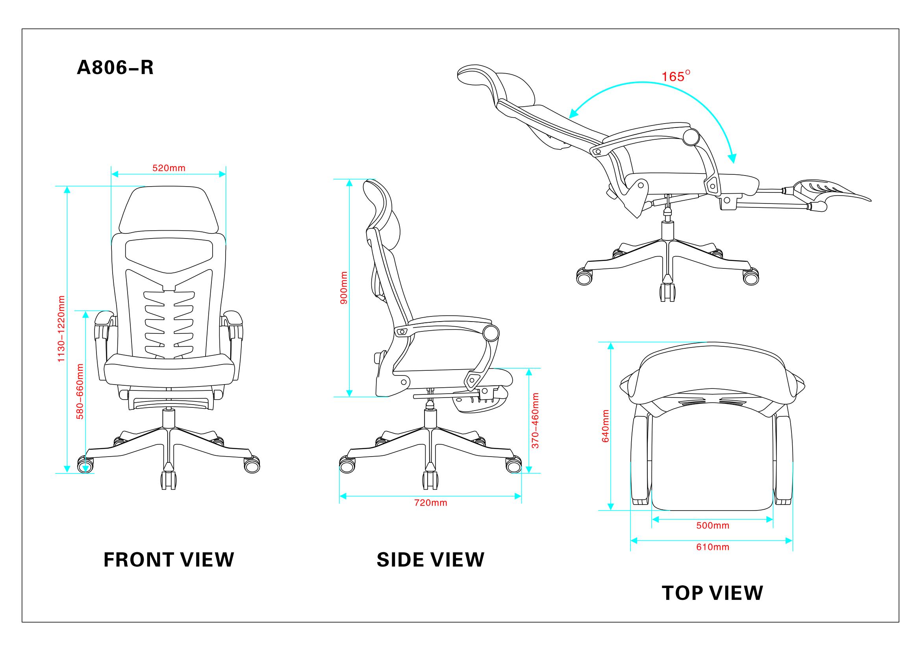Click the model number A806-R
(115, 68)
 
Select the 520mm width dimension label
(169, 168)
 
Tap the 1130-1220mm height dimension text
(61, 329)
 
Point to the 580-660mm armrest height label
(80, 391)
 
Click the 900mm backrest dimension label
(344, 287)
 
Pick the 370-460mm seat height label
(535, 420)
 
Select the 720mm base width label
(431, 503)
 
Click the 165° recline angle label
(676, 76)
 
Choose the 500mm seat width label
(713, 525)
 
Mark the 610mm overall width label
(713, 547)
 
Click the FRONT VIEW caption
(169, 560)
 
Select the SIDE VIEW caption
(430, 560)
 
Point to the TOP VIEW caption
(712, 593)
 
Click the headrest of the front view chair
(169, 211)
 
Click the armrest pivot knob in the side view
(491, 333)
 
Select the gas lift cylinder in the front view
(169, 420)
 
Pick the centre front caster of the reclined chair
(667, 292)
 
